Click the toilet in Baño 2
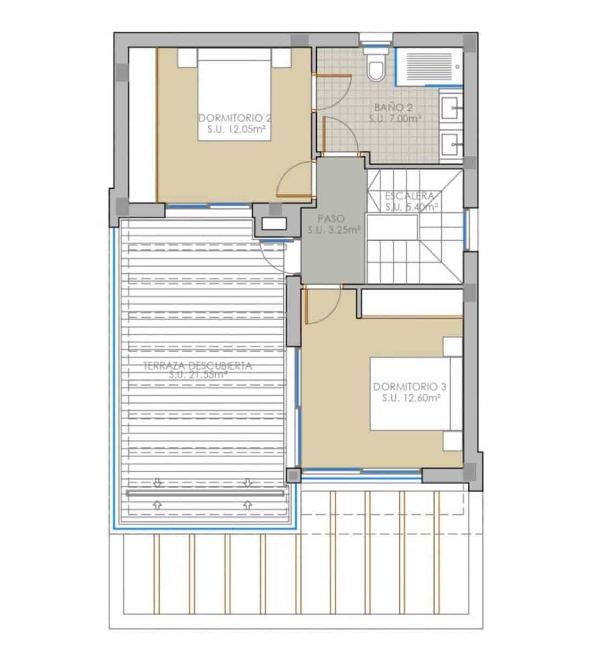point(375,67)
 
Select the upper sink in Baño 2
point(451,108)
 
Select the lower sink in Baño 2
point(451,144)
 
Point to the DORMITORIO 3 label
point(409,387)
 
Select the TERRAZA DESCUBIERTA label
point(198,366)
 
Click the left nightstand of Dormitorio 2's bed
point(186,57)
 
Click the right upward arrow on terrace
point(248,504)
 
